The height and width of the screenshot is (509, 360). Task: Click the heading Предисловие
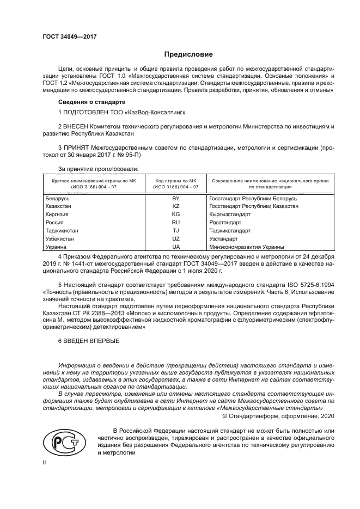tap(188, 54)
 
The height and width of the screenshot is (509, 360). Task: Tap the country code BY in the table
tap(176, 199)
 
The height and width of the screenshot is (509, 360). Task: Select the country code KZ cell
tap(176, 207)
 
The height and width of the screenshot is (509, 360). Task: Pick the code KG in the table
tap(176, 214)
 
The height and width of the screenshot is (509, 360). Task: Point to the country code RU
tap(176, 223)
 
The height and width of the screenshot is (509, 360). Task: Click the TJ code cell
tap(176, 231)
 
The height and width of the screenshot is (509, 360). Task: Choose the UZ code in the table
tap(176, 239)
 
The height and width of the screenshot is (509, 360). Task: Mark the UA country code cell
tap(176, 247)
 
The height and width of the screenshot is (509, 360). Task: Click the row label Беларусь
tap(58, 199)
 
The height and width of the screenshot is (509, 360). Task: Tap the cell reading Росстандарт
tap(225, 223)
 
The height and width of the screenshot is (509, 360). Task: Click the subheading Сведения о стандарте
tap(91, 102)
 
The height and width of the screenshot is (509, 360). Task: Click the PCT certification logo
tap(66, 443)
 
